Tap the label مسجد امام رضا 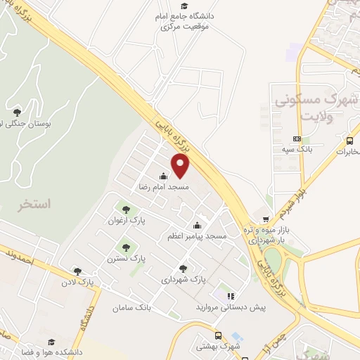point(163,188)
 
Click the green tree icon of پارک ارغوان point(126,209)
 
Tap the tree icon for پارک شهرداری point(184,268)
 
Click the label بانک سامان point(131,308)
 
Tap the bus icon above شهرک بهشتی point(218,336)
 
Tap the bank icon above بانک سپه point(297,139)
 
